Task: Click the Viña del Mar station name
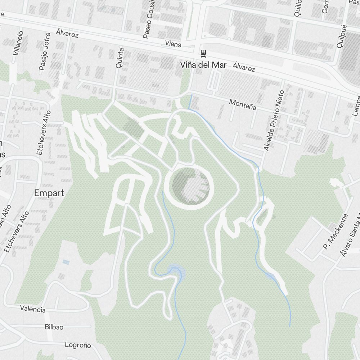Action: pyautogui.click(x=203, y=65)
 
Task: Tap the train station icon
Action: pyautogui.click(x=203, y=53)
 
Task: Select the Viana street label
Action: pyautogui.click(x=173, y=44)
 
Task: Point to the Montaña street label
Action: pyautogui.click(x=243, y=104)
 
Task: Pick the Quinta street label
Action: pyautogui.click(x=120, y=58)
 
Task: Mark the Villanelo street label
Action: pyautogui.click(x=18, y=43)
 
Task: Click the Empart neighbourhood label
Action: pyautogui.click(x=49, y=193)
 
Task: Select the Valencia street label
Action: pyautogui.click(x=33, y=309)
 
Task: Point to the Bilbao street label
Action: pyautogui.click(x=54, y=327)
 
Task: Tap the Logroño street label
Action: pyautogui.click(x=78, y=345)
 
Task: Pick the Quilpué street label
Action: pyautogui.click(x=341, y=36)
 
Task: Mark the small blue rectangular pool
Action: pyautogui.click(x=66, y=262)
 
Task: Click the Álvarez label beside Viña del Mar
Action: pyautogui.click(x=244, y=67)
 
